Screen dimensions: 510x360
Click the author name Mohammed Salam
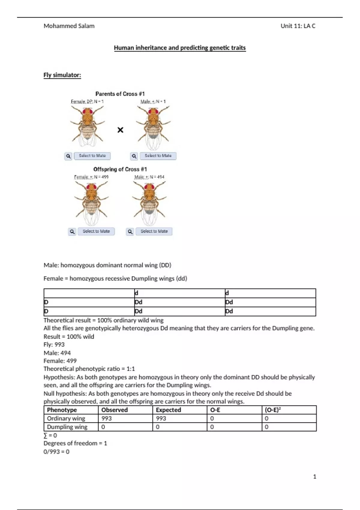tap(69, 26)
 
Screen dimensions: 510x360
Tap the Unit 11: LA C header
tap(298, 26)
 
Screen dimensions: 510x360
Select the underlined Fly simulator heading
tap(62, 75)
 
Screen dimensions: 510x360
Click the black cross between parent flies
tap(120, 130)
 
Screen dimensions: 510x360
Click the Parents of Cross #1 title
tap(120, 94)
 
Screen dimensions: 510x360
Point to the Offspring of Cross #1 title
tap(120, 169)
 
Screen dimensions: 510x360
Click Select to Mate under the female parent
tap(92, 156)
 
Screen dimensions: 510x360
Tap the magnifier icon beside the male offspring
tap(130, 232)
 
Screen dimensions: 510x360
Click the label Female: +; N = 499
tap(91, 177)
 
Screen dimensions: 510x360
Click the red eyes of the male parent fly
tap(153, 112)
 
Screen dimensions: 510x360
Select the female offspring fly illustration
tap(91, 202)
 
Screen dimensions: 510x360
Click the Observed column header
tap(114, 410)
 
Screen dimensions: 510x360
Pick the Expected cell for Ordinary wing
tap(161, 418)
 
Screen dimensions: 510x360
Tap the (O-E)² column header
tap(272, 410)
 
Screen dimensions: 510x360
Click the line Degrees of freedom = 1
tap(75, 443)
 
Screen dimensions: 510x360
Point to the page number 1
tap(314, 476)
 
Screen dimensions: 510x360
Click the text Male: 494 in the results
tap(57, 353)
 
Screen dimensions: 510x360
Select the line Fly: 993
tap(54, 344)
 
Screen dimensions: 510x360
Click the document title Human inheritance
tap(180, 48)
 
